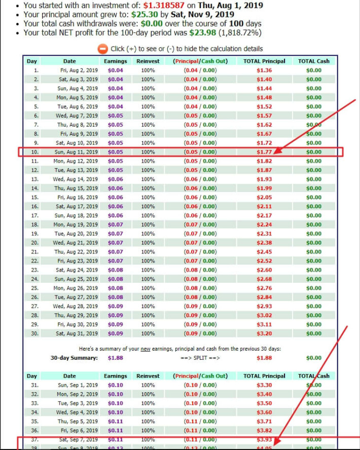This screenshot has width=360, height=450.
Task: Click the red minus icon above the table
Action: click(x=102, y=49)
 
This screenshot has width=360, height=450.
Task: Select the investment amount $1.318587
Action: click(x=163, y=5)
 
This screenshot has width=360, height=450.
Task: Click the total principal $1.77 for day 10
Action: click(x=264, y=152)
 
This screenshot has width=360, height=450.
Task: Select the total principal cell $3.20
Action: click(x=264, y=333)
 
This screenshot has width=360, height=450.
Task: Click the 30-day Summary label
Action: click(x=74, y=358)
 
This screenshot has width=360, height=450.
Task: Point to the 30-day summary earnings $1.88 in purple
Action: click(x=116, y=358)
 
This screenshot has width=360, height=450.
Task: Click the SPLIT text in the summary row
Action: click(x=201, y=358)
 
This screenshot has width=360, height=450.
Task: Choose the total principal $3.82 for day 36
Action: click(x=264, y=430)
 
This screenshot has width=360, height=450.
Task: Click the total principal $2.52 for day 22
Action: click(x=264, y=261)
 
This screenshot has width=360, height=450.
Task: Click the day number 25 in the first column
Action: click(x=35, y=288)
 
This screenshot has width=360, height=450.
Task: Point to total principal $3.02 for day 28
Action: click(x=264, y=315)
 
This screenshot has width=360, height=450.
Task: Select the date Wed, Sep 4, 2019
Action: click(x=77, y=412)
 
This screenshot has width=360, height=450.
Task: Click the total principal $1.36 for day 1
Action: click(x=264, y=70)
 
